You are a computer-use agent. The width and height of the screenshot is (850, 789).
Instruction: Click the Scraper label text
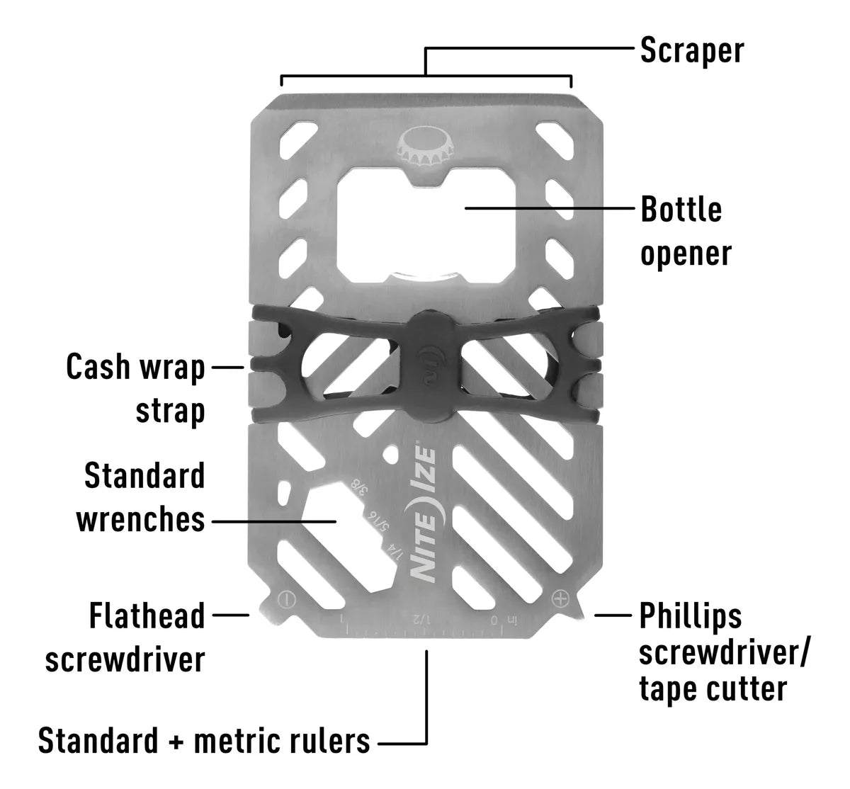[x=691, y=52]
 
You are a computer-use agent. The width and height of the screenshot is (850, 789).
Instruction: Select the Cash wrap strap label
[x=136, y=389]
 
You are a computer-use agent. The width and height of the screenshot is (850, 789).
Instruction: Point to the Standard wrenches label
[x=141, y=498]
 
